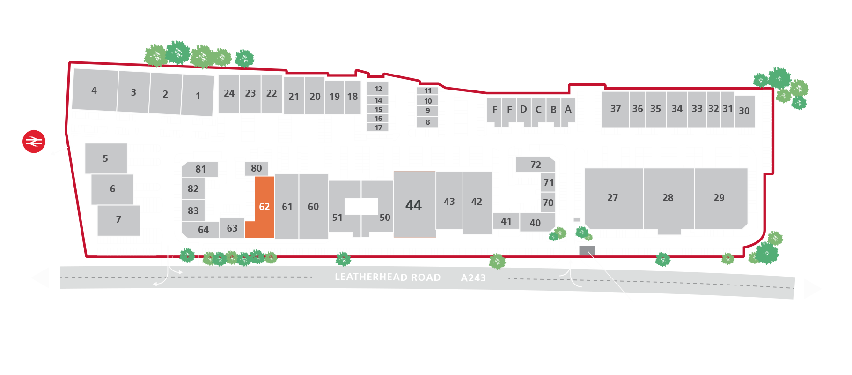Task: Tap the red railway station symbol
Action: tap(34, 141)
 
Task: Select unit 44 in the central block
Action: tap(414, 205)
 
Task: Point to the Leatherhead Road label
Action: tap(388, 277)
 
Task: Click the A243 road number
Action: tap(473, 278)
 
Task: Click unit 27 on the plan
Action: tap(613, 198)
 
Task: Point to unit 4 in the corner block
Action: tap(94, 90)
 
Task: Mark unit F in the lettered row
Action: tap(495, 110)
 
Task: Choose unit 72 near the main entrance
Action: tap(536, 165)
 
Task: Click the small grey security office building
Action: tap(587, 250)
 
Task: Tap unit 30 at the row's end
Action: tap(744, 111)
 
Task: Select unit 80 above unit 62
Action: tap(256, 168)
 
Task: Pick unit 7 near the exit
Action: tap(118, 219)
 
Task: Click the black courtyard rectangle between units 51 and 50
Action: tap(361, 206)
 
